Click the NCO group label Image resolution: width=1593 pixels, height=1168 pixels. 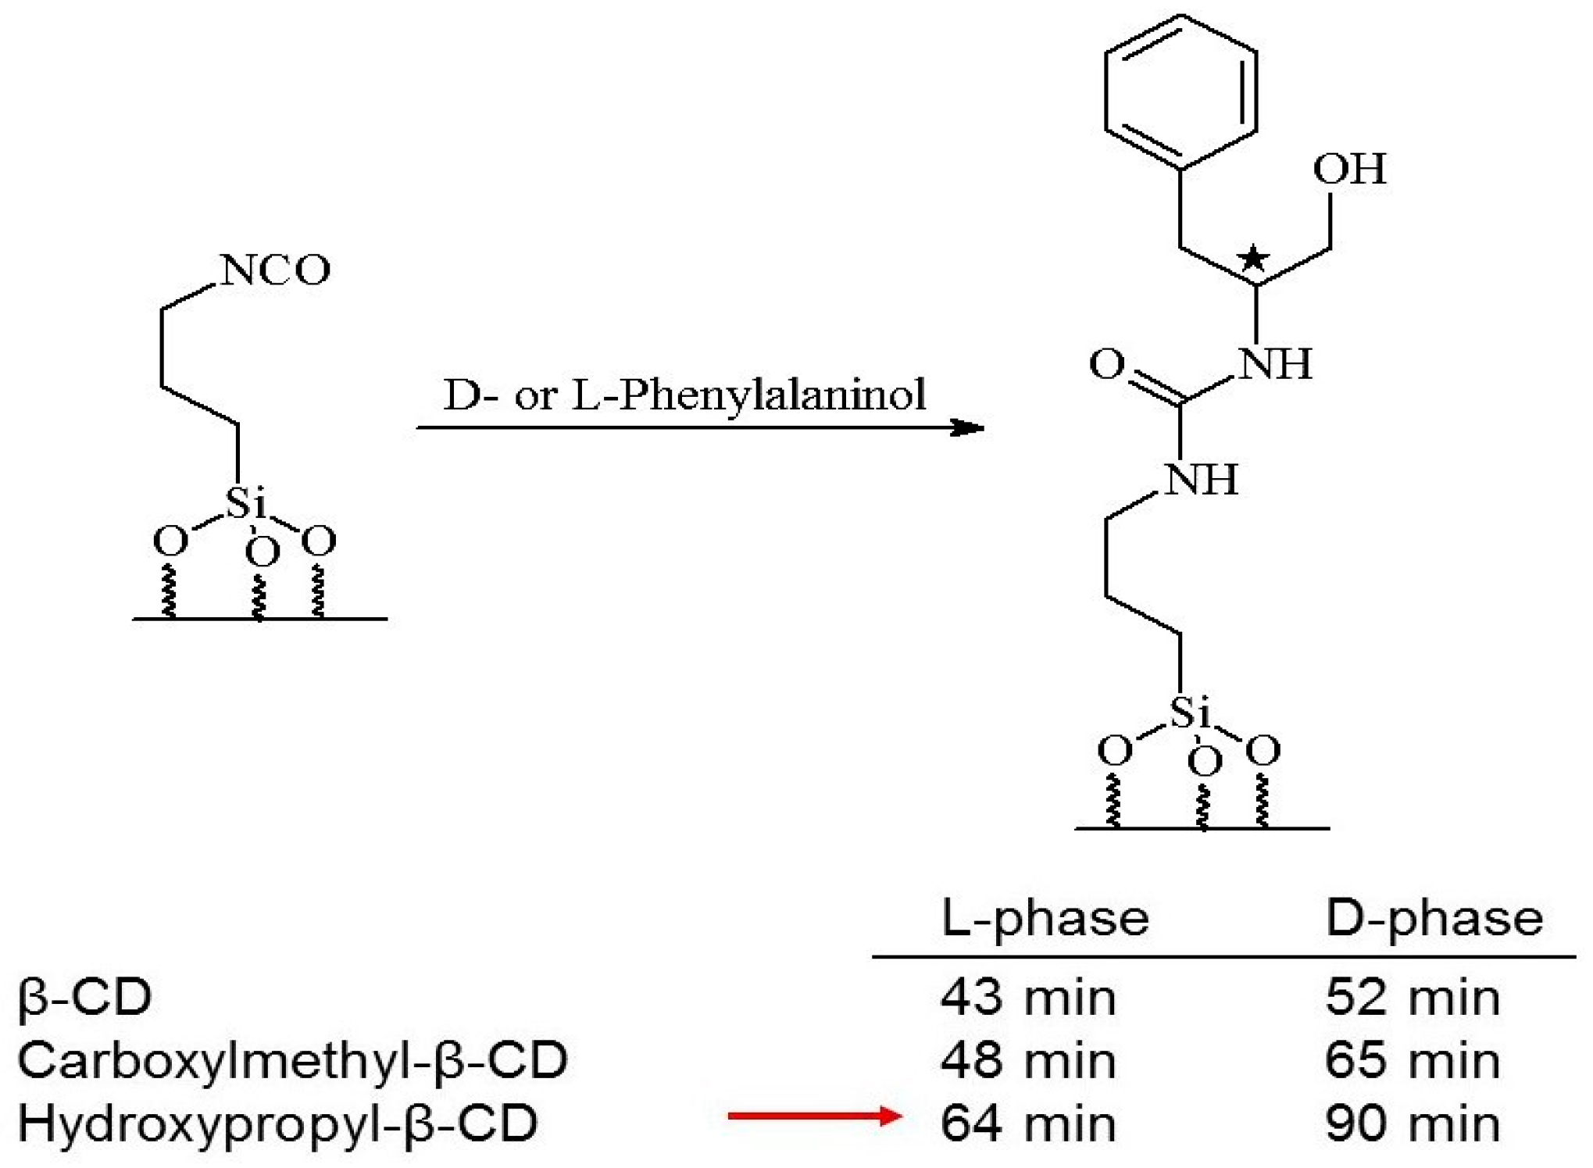275,270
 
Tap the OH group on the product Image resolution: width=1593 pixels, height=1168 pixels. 1349,170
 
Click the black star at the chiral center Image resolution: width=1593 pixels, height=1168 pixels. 1253,257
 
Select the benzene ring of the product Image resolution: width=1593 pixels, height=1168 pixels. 1180,91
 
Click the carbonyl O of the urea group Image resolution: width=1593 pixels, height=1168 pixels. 1107,364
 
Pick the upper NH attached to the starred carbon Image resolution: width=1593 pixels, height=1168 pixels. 1275,364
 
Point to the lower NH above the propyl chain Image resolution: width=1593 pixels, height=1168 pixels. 1201,479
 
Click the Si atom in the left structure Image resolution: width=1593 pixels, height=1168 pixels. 245,502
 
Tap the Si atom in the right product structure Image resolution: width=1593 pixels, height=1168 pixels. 1189,713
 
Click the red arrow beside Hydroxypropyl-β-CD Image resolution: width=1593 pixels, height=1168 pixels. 814,1116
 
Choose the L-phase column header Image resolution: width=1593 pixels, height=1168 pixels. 1045,918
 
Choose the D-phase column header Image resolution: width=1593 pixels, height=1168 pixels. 1434,918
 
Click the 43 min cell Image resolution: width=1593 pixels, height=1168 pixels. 1027,998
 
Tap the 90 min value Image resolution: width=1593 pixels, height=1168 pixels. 1413,1123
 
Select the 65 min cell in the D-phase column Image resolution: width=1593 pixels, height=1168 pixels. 1413,1061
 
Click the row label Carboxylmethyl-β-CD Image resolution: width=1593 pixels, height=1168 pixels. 292,1061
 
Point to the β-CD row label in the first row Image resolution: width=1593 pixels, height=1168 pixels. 84,998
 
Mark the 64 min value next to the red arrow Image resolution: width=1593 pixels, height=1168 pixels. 1027,1123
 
